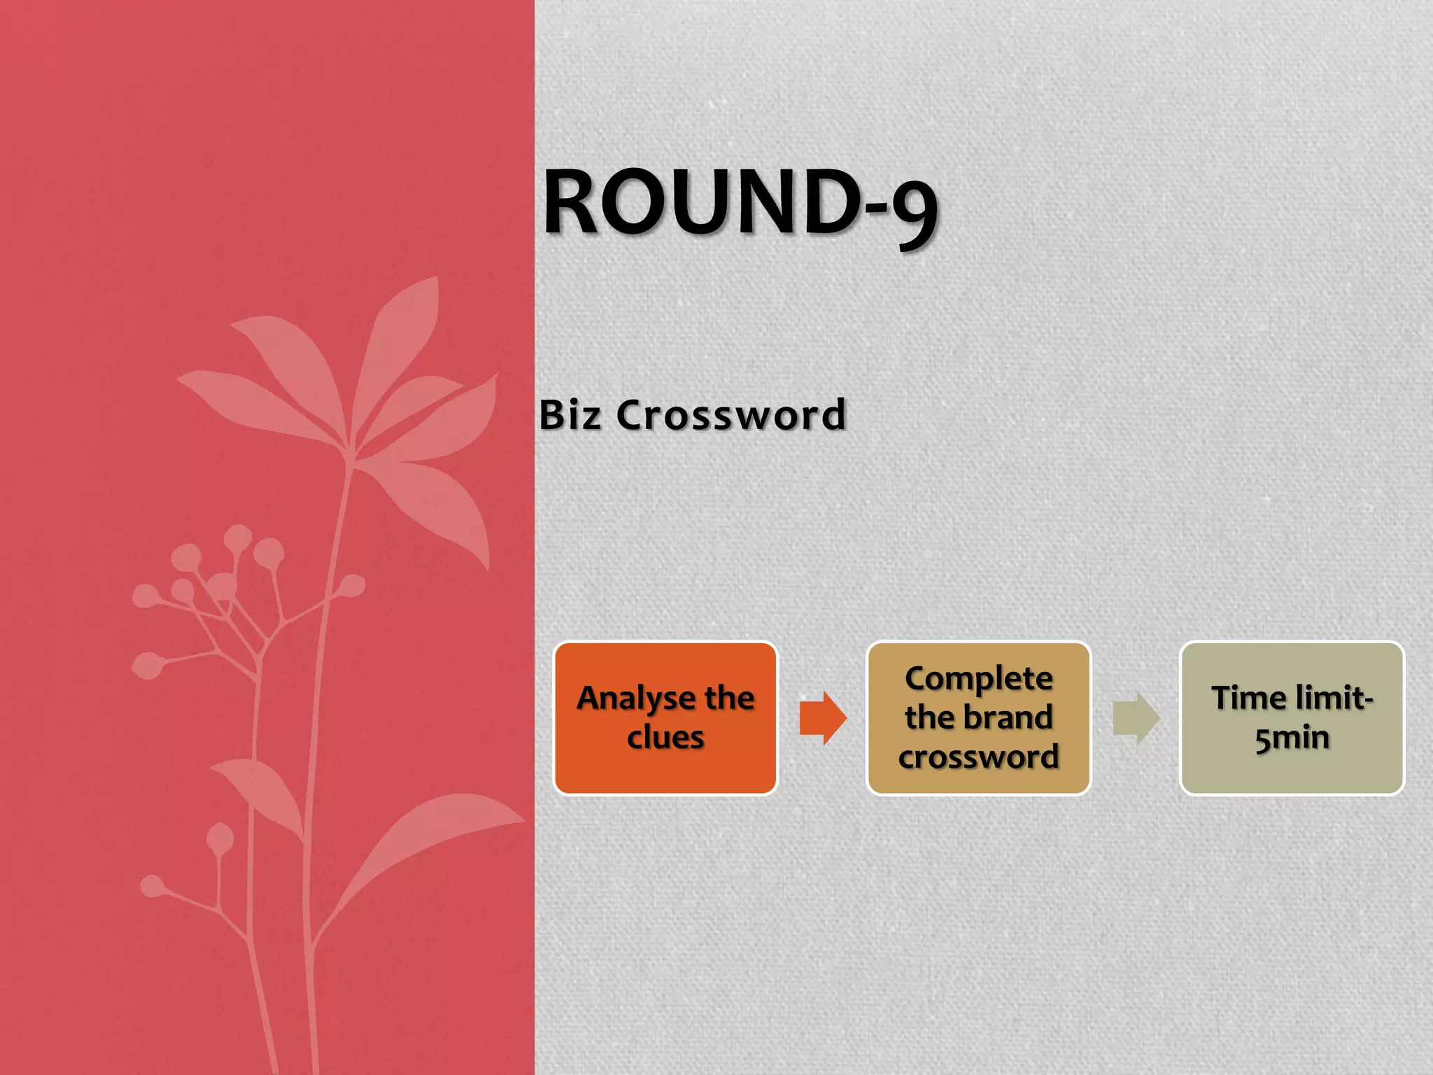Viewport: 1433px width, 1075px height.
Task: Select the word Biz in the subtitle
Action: pos(570,415)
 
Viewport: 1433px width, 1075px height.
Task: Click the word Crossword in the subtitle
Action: pos(731,415)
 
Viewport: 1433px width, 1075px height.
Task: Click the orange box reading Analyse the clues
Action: pos(665,718)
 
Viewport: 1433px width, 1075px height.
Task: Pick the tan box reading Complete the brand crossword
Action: pos(978,718)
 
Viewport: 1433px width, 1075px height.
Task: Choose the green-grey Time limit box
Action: pos(1292,718)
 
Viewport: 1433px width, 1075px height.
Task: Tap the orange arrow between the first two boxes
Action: pos(823,718)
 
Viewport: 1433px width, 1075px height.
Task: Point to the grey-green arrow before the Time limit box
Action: pos(1136,718)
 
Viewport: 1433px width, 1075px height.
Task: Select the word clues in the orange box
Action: pos(665,738)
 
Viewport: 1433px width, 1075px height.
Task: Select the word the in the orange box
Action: pos(729,698)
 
